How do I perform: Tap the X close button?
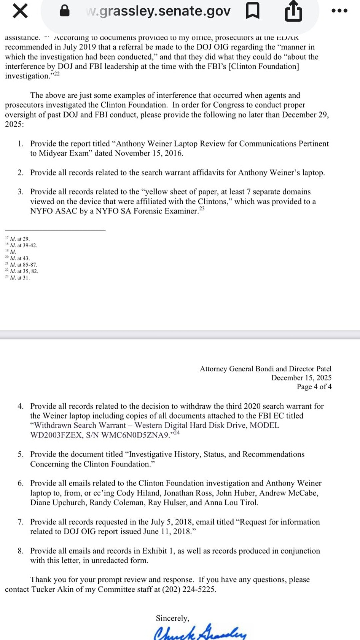(x=20, y=11)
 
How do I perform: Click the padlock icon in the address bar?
(x=64, y=11)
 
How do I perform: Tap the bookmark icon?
(x=252, y=11)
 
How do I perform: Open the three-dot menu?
(x=340, y=11)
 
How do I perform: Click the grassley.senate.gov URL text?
(x=158, y=11)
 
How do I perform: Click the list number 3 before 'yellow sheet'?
(x=21, y=192)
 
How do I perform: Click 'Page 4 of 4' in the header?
(x=314, y=387)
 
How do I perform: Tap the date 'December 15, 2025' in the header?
(x=301, y=378)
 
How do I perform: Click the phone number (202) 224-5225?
(x=189, y=589)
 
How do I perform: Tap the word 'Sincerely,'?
(x=172, y=618)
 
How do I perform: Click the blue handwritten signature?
(x=200, y=632)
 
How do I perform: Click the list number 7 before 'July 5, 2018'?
(x=21, y=522)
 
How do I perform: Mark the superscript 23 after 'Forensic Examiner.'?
(x=202, y=209)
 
